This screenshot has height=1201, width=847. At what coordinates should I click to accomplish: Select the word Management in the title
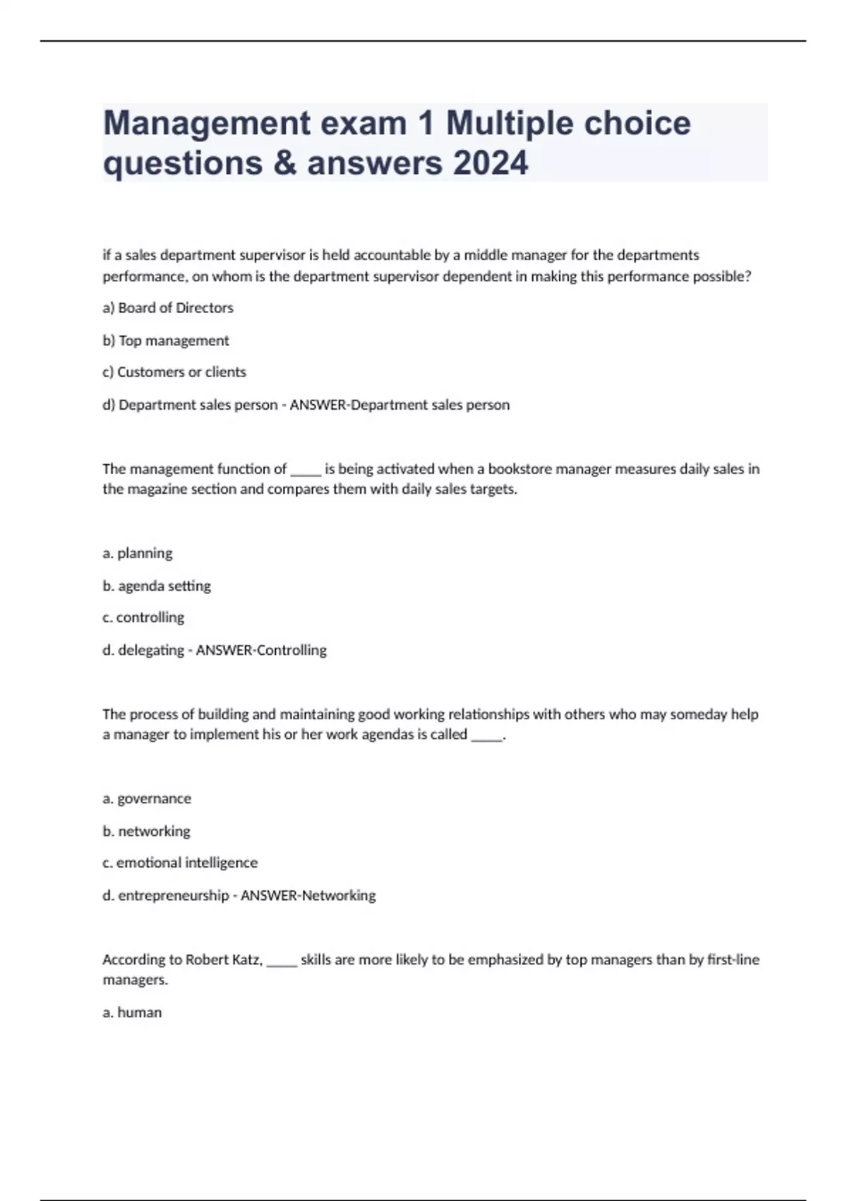pyautogui.click(x=207, y=124)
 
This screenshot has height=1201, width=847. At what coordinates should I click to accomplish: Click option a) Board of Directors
pyautogui.click(x=168, y=308)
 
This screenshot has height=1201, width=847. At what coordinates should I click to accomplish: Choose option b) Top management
pyautogui.click(x=166, y=341)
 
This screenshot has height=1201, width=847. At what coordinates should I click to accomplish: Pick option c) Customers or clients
pyautogui.click(x=174, y=372)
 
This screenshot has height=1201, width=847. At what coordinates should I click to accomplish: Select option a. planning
pyautogui.click(x=138, y=553)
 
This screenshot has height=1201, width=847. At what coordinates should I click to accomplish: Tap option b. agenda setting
pyautogui.click(x=157, y=586)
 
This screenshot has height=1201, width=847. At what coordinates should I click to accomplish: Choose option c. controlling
pyautogui.click(x=143, y=617)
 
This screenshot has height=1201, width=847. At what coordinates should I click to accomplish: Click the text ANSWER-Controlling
pyautogui.click(x=261, y=650)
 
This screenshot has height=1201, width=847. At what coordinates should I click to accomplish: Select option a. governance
pyautogui.click(x=147, y=798)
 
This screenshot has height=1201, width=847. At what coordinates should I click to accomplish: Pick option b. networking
pyautogui.click(x=146, y=831)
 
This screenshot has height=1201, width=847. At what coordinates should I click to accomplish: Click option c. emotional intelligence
pyautogui.click(x=180, y=863)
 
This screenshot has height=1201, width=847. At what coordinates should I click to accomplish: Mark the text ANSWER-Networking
pyautogui.click(x=308, y=895)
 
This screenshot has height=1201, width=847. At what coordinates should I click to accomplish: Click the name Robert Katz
pyautogui.click(x=223, y=959)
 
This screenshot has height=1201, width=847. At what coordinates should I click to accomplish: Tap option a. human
pyautogui.click(x=132, y=1012)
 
